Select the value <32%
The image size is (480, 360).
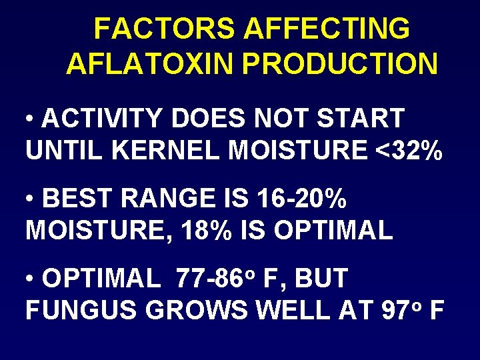(408, 151)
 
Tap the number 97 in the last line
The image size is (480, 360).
(401, 311)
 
